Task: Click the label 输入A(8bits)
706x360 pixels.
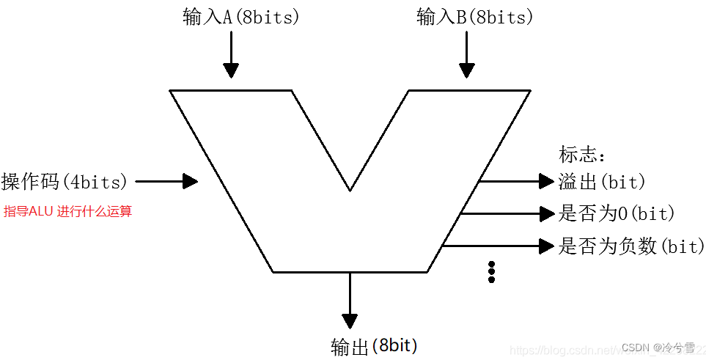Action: tap(241, 18)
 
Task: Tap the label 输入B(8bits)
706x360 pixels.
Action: tap(475, 18)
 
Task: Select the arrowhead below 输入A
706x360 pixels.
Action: tap(231, 70)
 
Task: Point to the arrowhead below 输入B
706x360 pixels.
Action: tap(466, 70)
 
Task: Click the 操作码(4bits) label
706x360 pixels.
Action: tap(65, 180)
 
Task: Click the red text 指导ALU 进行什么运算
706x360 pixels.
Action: tap(67, 212)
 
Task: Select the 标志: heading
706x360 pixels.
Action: tap(583, 155)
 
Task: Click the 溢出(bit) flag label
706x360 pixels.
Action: tap(602, 181)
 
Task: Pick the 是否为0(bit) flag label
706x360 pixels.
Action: tap(617, 213)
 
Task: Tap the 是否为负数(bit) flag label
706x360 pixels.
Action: tap(631, 246)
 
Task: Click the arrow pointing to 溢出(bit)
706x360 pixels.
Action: tap(545, 180)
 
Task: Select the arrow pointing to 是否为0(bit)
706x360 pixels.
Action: tap(546, 213)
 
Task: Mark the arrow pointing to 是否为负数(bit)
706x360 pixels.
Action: tap(546, 246)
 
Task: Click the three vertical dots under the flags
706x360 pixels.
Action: tap(491, 271)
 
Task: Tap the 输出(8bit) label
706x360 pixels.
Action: tap(375, 346)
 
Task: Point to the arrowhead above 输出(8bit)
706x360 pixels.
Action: tap(350, 320)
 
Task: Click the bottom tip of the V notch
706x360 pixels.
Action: tap(350, 190)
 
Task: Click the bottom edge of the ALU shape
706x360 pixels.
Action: tap(350, 272)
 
